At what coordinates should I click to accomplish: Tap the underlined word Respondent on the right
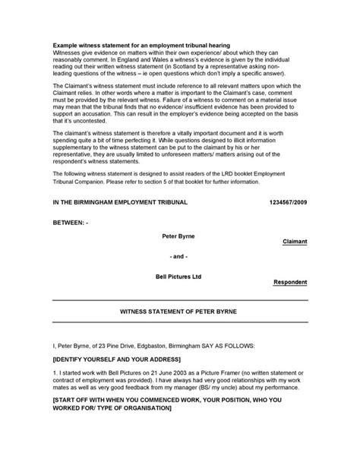pyautogui.click(x=290, y=282)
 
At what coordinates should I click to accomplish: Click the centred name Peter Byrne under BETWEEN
pyautogui.click(x=179, y=236)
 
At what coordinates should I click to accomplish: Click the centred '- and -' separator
pyautogui.click(x=179, y=256)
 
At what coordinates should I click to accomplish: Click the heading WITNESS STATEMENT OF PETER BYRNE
pyautogui.click(x=180, y=312)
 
